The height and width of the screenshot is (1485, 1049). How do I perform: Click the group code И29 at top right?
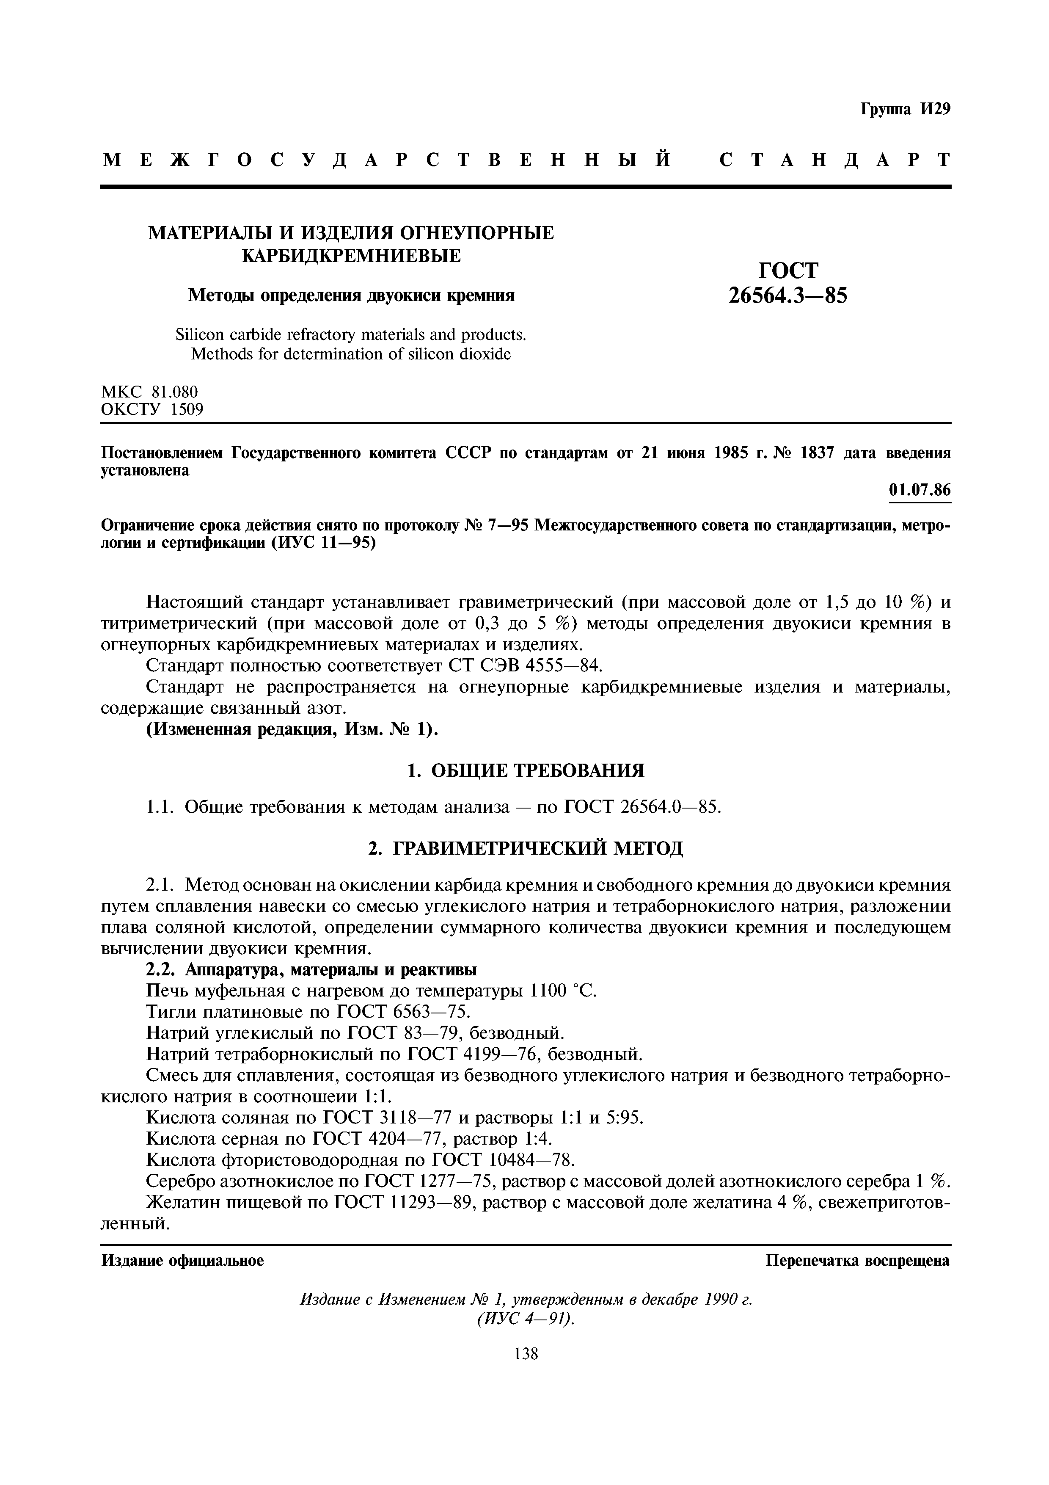935,109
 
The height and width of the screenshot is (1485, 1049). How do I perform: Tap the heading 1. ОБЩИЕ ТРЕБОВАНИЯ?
526,770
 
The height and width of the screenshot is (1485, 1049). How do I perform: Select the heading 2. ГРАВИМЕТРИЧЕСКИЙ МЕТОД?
526,848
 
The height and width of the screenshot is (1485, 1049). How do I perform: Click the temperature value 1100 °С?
562,991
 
